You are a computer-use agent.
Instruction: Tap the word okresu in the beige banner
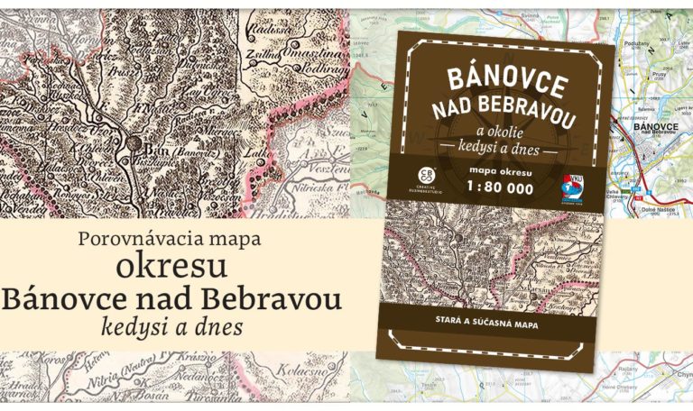pyautogui.click(x=172, y=269)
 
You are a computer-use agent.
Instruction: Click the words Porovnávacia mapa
pyautogui.click(x=171, y=241)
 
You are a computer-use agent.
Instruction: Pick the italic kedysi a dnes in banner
pyautogui.click(x=172, y=327)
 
